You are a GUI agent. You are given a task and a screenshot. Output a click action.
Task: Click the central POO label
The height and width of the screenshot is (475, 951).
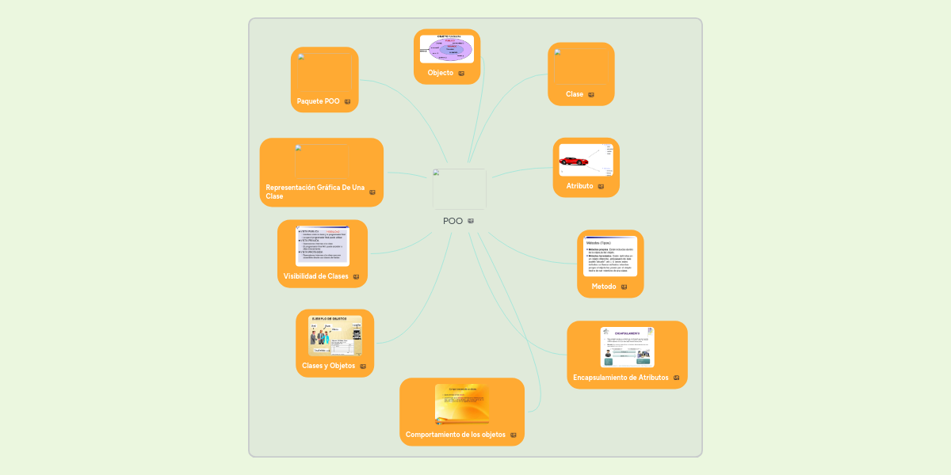tap(453, 221)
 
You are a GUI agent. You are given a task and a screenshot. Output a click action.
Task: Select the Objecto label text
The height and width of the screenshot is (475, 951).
tap(441, 73)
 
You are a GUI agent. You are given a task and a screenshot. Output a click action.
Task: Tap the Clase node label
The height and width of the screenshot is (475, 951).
tap(575, 94)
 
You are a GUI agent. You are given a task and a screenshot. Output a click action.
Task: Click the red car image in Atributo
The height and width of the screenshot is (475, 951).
tap(574, 161)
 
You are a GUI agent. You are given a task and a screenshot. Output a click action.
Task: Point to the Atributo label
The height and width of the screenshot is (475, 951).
tap(579, 186)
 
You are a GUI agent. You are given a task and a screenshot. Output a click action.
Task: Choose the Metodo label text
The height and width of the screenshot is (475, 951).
tap(604, 287)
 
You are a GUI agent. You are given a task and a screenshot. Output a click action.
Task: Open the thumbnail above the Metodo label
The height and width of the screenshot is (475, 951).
tap(610, 255)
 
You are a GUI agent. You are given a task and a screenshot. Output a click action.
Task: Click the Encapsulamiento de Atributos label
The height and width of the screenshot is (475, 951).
tap(621, 378)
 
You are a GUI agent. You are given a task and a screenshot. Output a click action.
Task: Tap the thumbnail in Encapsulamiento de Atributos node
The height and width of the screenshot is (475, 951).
tap(627, 347)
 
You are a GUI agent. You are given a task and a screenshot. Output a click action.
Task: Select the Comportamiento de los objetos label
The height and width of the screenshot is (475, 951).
tap(456, 435)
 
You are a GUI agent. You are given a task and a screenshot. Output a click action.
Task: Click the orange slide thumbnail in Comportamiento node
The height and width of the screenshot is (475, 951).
tap(462, 404)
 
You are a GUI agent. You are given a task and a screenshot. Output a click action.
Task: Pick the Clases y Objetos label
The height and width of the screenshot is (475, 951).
tap(328, 366)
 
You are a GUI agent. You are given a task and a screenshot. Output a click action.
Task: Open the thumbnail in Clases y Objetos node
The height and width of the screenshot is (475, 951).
tap(334, 336)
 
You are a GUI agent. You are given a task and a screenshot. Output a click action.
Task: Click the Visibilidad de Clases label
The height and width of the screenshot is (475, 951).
tap(315, 276)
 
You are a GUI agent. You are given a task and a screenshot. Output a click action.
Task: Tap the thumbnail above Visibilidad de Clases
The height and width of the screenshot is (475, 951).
tap(323, 245)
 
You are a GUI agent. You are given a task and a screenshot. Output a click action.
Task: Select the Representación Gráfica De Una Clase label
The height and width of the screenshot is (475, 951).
tap(315, 192)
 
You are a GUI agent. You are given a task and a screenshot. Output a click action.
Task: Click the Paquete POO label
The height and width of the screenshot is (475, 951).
tap(318, 101)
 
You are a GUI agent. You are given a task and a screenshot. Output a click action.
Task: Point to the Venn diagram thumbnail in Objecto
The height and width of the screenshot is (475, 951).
tap(447, 48)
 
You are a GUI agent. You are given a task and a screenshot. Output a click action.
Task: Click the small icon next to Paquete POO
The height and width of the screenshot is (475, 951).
tap(347, 101)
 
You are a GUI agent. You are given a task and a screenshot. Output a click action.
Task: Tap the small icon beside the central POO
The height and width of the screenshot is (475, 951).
tap(471, 221)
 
